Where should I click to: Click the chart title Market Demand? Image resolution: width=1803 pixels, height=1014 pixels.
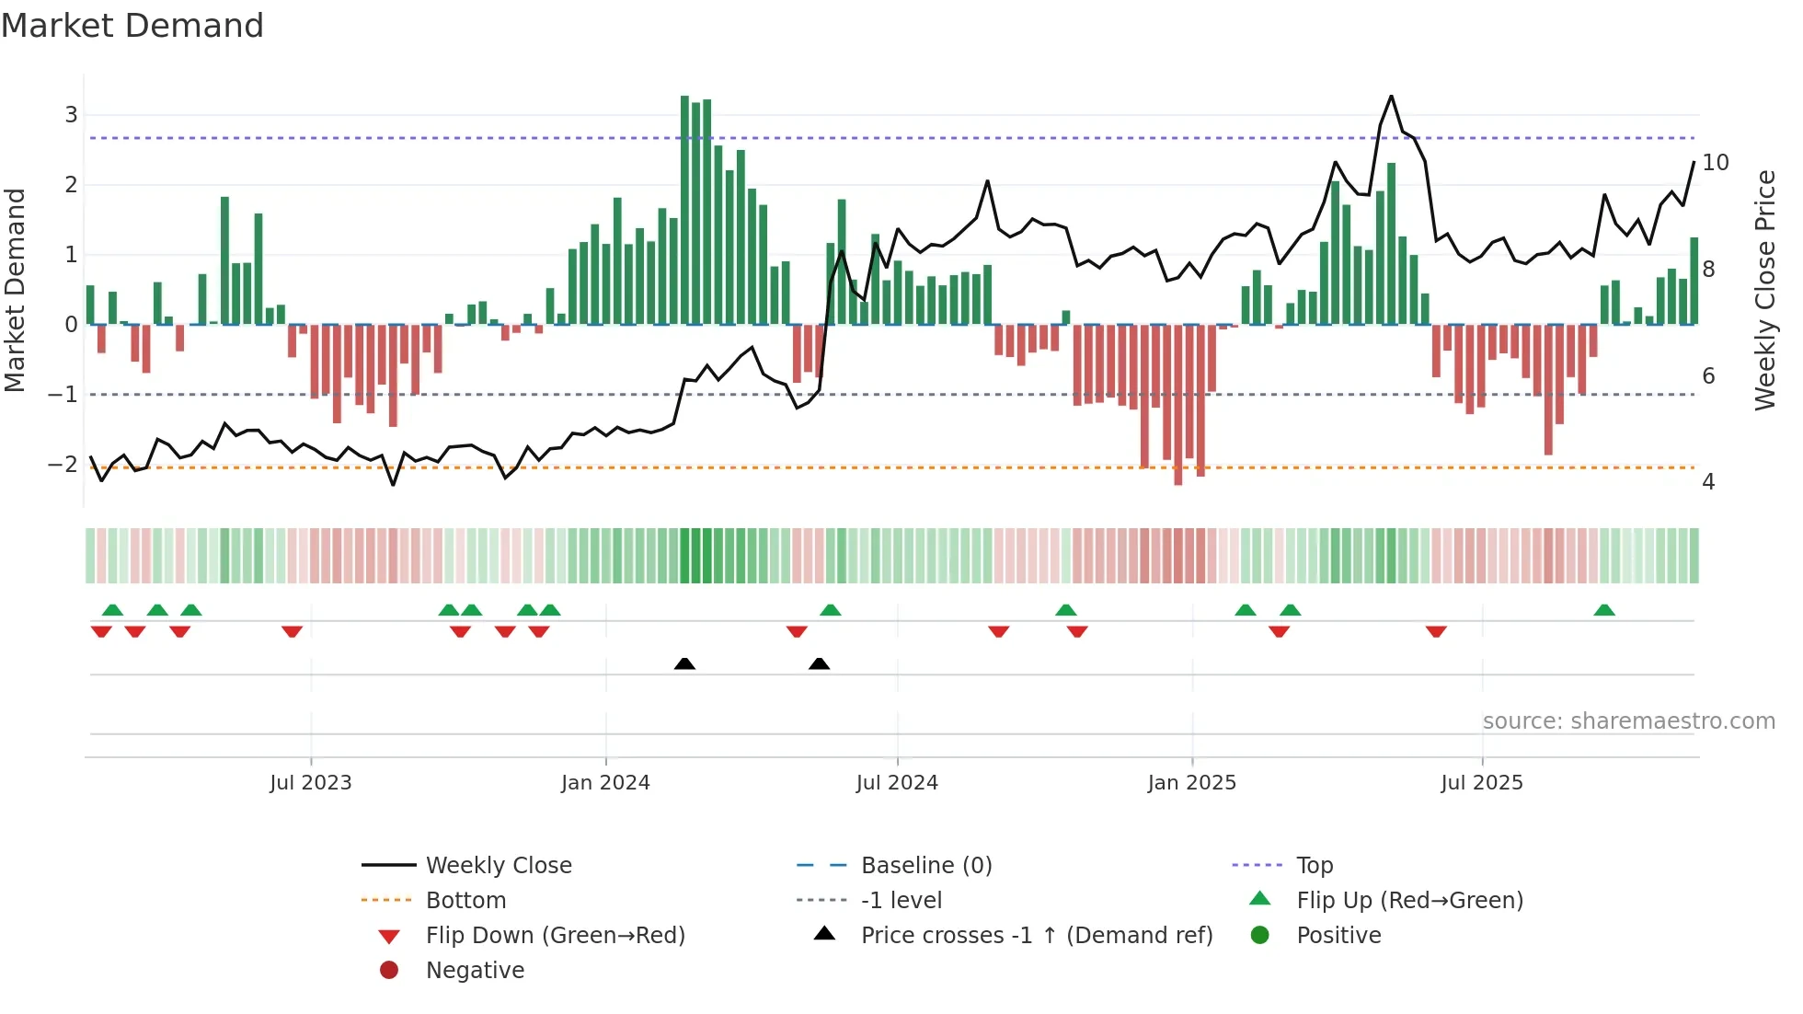pos(132,26)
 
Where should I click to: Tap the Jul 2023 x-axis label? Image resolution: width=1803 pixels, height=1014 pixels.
pos(310,783)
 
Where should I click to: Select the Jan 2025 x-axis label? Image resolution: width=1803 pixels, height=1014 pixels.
pos(1191,783)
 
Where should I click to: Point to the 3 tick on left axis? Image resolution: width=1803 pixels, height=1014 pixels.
pos(71,115)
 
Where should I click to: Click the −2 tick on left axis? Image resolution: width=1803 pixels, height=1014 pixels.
pos(63,464)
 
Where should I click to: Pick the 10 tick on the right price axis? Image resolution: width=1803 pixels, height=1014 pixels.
pos(1715,163)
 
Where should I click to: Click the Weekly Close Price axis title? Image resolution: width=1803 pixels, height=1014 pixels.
pos(1764,290)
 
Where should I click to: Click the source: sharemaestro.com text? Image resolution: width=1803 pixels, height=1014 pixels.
pos(1628,721)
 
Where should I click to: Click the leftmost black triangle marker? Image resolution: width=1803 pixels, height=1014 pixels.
pos(684,663)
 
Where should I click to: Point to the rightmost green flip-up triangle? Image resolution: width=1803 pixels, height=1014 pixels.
pos(1604,610)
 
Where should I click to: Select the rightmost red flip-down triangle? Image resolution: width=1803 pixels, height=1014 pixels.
pos(1436,631)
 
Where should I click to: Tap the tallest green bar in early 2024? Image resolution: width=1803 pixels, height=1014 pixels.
pos(684,210)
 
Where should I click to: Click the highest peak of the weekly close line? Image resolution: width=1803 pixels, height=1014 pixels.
pos(1391,97)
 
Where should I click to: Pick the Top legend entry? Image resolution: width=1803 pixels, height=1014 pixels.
pos(1314,866)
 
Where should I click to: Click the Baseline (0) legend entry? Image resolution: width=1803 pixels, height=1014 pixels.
pos(925,866)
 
